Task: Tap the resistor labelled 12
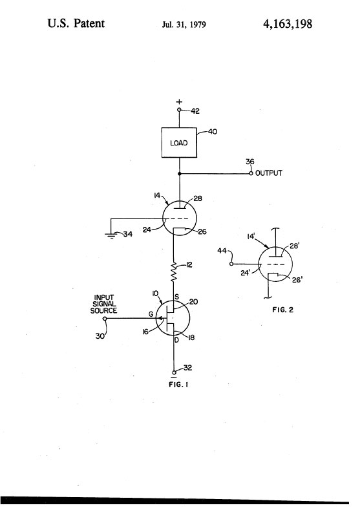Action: coord(174,271)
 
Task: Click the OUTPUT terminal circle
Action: coord(251,173)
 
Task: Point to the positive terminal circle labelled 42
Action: coord(179,110)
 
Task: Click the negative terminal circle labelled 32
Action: coord(174,372)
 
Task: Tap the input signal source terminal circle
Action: coord(105,318)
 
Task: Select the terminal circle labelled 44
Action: coord(231,264)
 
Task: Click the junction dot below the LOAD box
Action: coord(179,174)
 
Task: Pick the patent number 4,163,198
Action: coord(288,24)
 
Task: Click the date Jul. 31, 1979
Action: coord(184,25)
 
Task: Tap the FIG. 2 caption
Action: coord(283,310)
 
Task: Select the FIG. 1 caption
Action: coord(178,385)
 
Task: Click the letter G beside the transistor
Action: coord(151,314)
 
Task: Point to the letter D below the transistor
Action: coord(176,340)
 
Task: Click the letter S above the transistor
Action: coord(176,297)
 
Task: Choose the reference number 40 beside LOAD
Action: coord(213,132)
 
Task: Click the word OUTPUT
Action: coord(269,173)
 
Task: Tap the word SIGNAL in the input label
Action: coord(104,304)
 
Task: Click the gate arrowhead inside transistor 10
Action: coord(160,318)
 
